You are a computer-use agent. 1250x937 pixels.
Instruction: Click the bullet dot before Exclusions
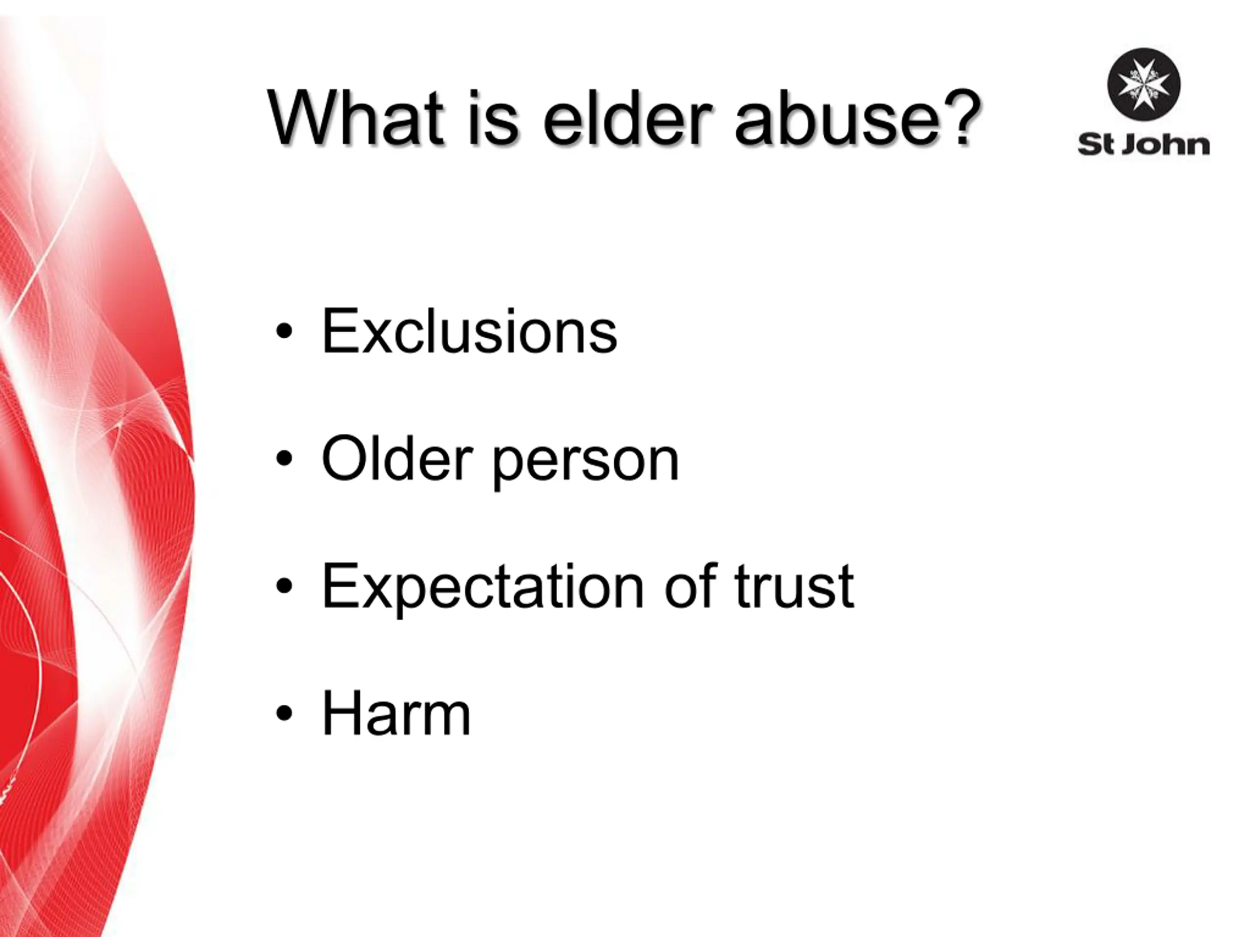284,333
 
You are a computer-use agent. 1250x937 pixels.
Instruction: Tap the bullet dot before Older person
284,459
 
